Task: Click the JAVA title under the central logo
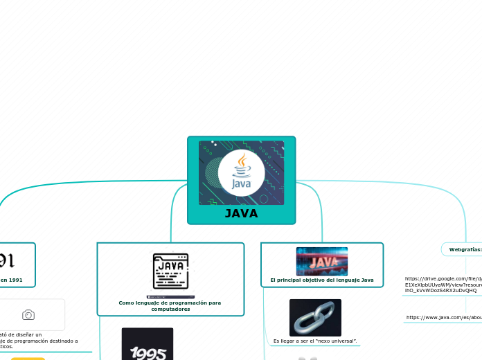coord(241,213)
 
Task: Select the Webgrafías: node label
coord(465,249)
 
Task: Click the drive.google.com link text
coord(443,285)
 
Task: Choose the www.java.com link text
coord(444,317)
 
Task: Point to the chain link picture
coord(315,318)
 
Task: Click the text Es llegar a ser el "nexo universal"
coord(315,341)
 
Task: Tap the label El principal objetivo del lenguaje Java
coord(322,280)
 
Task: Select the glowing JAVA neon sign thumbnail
coord(322,261)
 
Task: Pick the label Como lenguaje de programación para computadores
coord(170,305)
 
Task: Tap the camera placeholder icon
coord(28,315)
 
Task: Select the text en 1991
coord(11,280)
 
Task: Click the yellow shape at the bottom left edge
coord(28,358)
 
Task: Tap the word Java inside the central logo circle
coord(241,184)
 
